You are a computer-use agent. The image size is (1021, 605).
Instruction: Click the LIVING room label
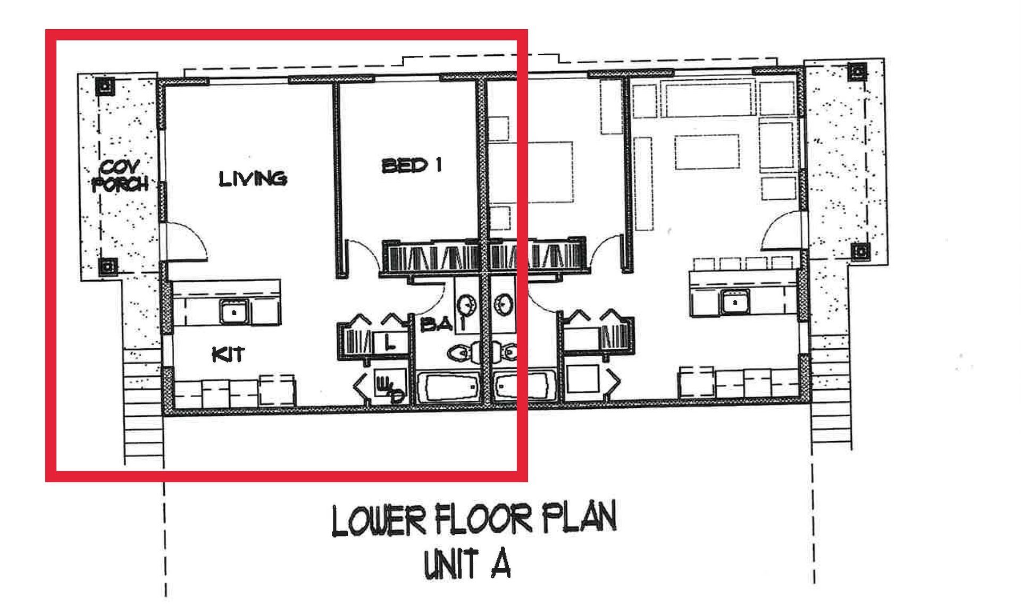pyautogui.click(x=253, y=178)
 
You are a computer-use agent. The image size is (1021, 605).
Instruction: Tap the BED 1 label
pyautogui.click(x=412, y=165)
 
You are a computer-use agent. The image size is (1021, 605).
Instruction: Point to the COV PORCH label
pyautogui.click(x=120, y=177)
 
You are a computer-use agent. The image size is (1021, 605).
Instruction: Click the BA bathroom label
pyautogui.click(x=436, y=324)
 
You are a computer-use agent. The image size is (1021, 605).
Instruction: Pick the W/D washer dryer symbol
pyautogui.click(x=389, y=387)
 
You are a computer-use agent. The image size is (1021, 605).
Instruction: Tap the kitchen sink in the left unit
pyautogui.click(x=234, y=312)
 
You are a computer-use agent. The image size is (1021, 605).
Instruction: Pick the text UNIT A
pyautogui.click(x=467, y=565)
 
